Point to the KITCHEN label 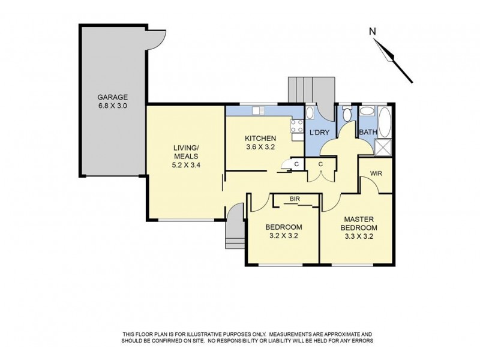260,138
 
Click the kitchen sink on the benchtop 259,110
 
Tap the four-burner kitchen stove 296,126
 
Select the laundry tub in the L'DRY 310,113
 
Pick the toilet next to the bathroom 347,114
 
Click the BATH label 367,132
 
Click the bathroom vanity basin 366,112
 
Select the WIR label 376,173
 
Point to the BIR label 294,199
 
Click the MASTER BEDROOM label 359,224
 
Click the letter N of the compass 372,31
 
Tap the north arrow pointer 395,58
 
